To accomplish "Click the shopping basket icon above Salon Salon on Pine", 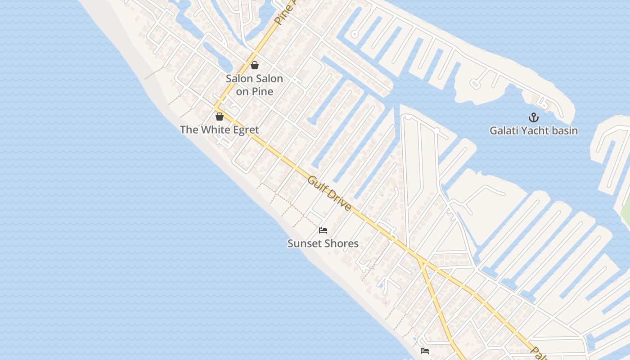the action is (255, 65).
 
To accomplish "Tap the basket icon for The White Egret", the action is (220, 117).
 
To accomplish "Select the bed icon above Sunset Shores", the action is (323, 230).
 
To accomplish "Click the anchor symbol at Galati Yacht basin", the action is (533, 118).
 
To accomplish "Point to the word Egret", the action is (245, 130).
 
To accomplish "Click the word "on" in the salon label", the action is (243, 92).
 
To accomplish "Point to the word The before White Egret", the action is (189, 130).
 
